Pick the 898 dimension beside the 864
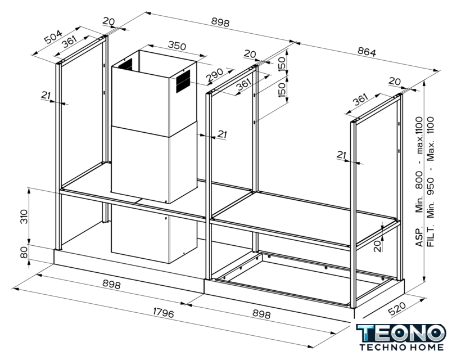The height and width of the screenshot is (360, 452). (x=219, y=22)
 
